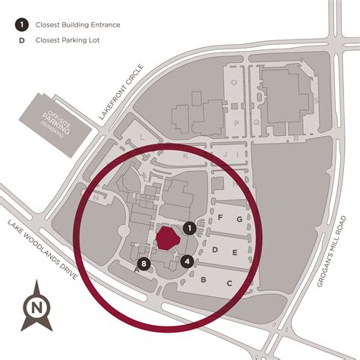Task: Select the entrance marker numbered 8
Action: pyautogui.click(x=144, y=265)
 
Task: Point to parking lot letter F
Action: pyautogui.click(x=220, y=218)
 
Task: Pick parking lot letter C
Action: pyautogui.click(x=229, y=283)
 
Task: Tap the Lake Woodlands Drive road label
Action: pyautogui.click(x=43, y=251)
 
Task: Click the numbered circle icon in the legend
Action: pyautogui.click(x=17, y=23)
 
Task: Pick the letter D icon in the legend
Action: pyautogui.click(x=17, y=39)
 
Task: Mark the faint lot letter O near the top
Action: pyautogui.click(x=234, y=83)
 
